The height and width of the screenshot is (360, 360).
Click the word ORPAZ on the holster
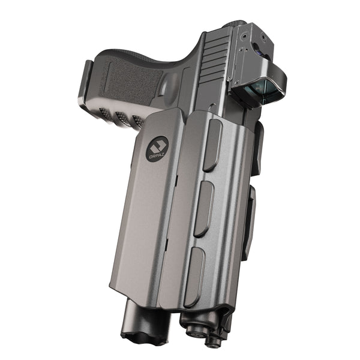(x=158, y=155)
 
